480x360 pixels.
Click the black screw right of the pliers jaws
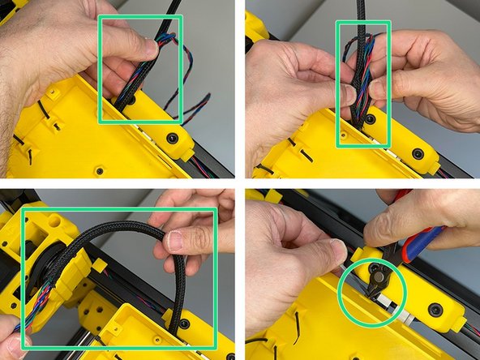435,309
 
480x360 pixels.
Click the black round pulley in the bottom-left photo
46,268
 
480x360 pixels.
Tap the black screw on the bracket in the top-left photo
172,139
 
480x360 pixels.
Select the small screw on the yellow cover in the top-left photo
99,170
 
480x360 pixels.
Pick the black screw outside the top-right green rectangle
417,153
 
